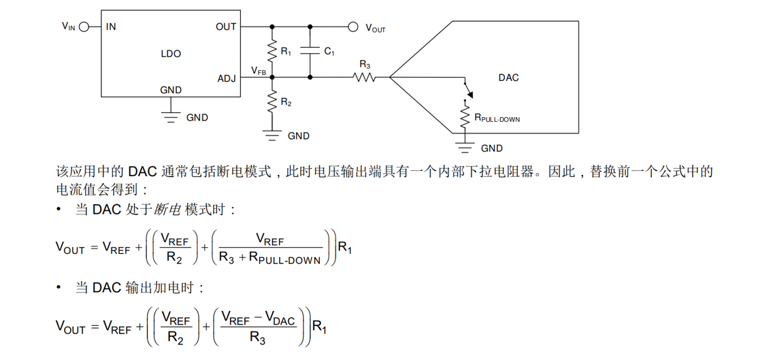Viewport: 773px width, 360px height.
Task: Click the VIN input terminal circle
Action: (x=84, y=27)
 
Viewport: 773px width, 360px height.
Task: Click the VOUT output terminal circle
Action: (x=352, y=27)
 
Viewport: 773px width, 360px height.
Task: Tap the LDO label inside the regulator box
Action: (x=171, y=54)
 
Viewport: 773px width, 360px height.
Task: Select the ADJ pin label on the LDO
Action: (x=226, y=78)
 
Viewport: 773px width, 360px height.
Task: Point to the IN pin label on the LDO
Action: (x=111, y=27)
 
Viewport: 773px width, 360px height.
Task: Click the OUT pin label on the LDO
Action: (x=226, y=27)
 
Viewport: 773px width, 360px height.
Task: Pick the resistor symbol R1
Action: (x=272, y=51)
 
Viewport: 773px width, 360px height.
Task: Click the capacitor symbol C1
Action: (x=310, y=51)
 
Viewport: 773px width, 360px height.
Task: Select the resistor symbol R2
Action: (x=272, y=102)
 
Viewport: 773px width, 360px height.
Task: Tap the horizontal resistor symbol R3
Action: (x=365, y=78)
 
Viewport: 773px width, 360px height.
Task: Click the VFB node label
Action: (x=258, y=71)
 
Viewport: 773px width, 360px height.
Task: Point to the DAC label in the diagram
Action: (x=508, y=78)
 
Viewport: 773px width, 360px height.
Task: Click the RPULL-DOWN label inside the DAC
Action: (x=498, y=118)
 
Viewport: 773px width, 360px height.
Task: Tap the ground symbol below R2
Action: (x=272, y=136)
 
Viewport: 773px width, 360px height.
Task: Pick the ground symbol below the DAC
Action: (x=466, y=148)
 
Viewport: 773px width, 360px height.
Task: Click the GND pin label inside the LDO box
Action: (x=171, y=90)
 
